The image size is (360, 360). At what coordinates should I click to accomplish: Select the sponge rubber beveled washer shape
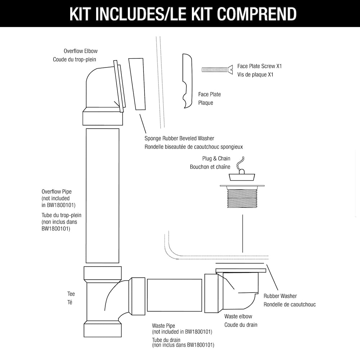point(137,84)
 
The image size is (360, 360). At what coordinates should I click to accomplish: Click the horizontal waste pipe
point(174,295)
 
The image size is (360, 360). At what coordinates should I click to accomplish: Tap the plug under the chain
point(242,176)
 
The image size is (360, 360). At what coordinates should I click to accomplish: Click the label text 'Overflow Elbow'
point(81,51)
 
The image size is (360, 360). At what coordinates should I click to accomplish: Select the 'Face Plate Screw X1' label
point(260,66)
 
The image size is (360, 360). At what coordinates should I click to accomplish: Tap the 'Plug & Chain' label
point(216,158)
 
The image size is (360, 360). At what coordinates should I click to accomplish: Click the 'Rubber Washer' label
point(280,296)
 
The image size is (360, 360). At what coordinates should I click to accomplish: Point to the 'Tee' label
point(71,294)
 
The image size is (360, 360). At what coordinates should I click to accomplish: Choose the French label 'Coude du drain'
point(241,325)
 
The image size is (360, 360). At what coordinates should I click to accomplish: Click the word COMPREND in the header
point(257,14)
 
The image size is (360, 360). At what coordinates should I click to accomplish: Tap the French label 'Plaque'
point(206,103)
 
